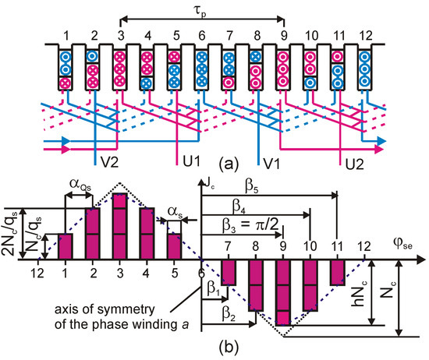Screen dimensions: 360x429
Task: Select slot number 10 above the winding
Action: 310,35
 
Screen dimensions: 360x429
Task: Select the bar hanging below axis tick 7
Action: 228,272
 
